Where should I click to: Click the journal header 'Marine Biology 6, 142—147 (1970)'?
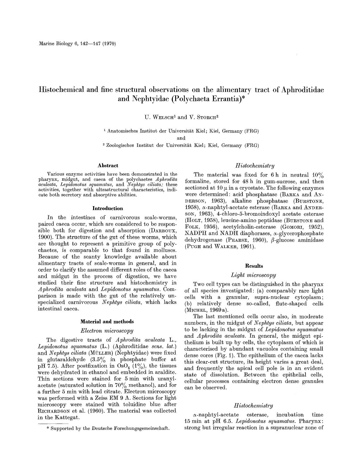(x=77, y=44)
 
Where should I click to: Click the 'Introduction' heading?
(x=108, y=208)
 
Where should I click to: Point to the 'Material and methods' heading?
(x=107, y=321)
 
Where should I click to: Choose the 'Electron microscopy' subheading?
(x=107, y=330)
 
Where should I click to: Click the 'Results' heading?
(x=254, y=266)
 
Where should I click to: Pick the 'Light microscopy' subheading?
(x=254, y=275)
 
